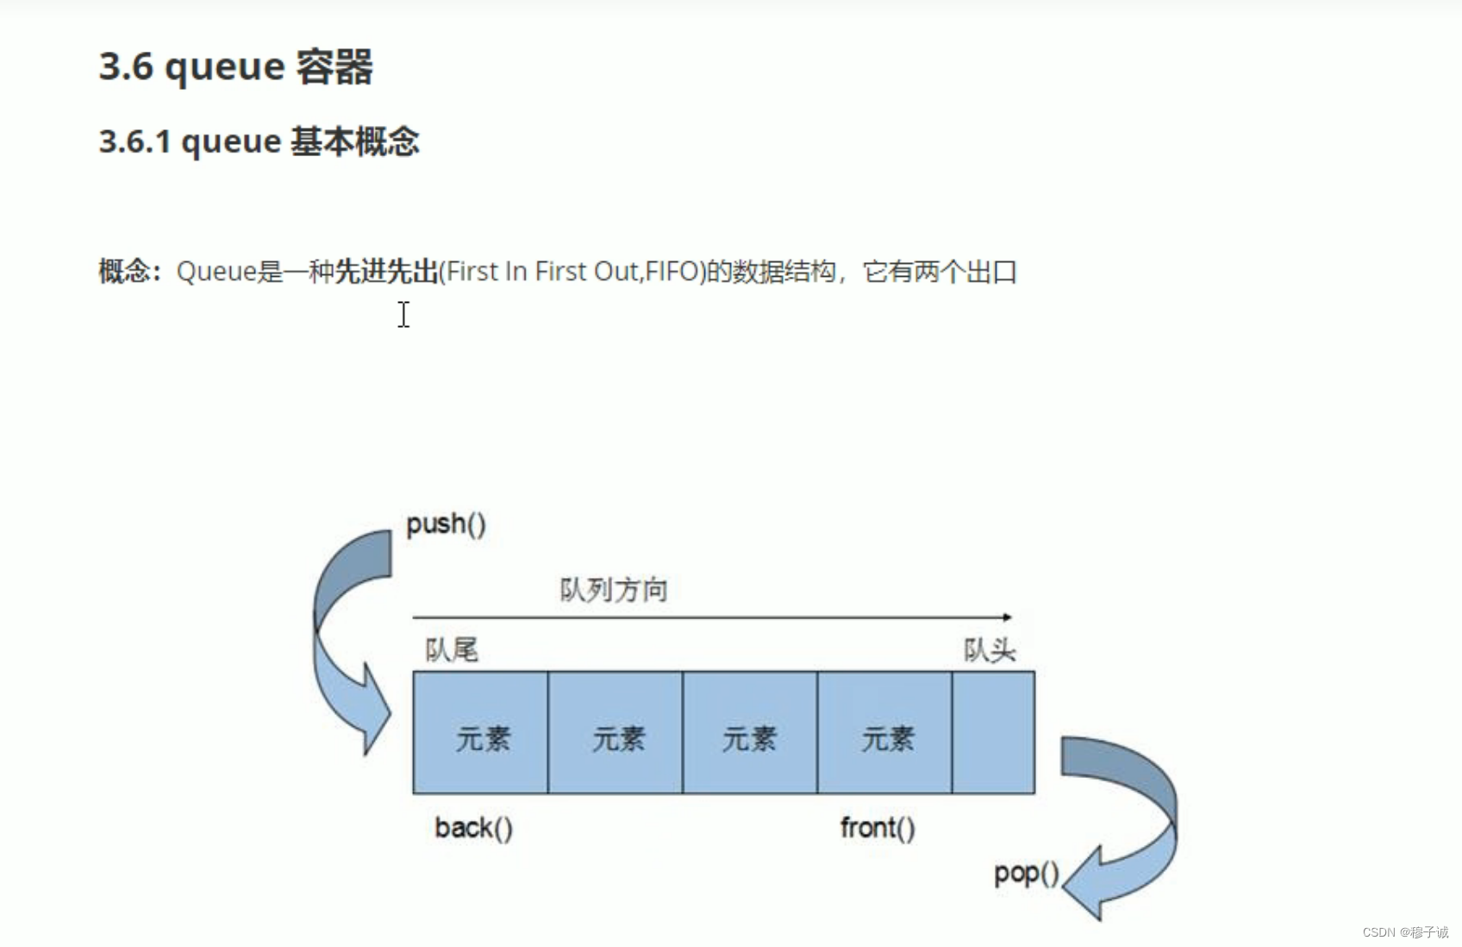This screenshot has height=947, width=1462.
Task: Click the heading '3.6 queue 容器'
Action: coord(235,66)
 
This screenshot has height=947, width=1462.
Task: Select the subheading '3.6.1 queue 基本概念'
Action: coord(259,141)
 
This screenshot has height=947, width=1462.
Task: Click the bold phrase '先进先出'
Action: coord(386,272)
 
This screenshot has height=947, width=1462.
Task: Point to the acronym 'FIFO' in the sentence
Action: coord(672,272)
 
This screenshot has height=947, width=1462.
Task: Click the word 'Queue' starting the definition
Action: coord(216,272)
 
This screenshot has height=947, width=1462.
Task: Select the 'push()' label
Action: coord(446,524)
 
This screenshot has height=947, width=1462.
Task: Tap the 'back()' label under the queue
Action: coord(473,828)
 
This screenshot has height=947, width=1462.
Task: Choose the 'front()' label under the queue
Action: coord(878,828)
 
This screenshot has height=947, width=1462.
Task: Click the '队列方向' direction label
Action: coord(614,590)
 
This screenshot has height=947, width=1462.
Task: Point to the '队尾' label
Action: coord(452,649)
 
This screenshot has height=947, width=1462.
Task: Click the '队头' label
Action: coord(990,649)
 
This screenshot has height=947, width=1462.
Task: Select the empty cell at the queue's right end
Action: coord(993,732)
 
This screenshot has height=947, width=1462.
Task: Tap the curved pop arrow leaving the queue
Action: coord(1129,828)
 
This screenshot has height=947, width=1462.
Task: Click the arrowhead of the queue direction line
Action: coord(1007,618)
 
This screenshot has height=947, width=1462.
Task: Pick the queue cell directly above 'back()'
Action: coord(480,732)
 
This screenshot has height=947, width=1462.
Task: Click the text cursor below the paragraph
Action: coord(403,315)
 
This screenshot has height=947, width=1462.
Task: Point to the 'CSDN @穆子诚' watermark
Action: coord(1405,932)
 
